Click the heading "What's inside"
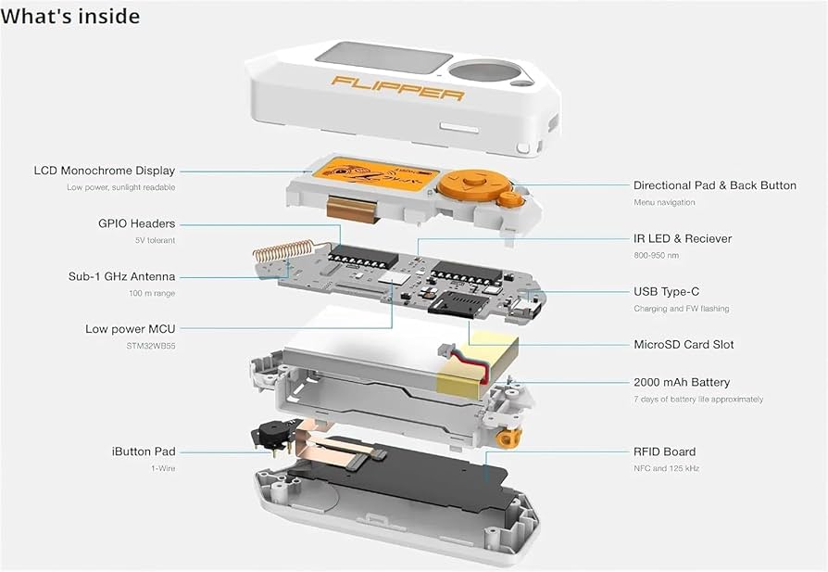pyautogui.click(x=71, y=17)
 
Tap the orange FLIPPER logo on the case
pyautogui.click(x=399, y=89)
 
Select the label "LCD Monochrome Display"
pyautogui.click(x=104, y=171)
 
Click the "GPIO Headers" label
pyautogui.click(x=136, y=223)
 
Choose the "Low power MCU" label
pyautogui.click(x=130, y=329)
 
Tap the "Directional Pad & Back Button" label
pyautogui.click(x=714, y=185)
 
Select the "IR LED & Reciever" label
pyautogui.click(x=682, y=238)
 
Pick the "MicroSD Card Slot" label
pyautogui.click(x=684, y=344)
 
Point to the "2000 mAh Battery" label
pyautogui.click(x=682, y=382)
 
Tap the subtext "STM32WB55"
pyautogui.click(x=151, y=346)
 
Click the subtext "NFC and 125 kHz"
pyautogui.click(x=666, y=468)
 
